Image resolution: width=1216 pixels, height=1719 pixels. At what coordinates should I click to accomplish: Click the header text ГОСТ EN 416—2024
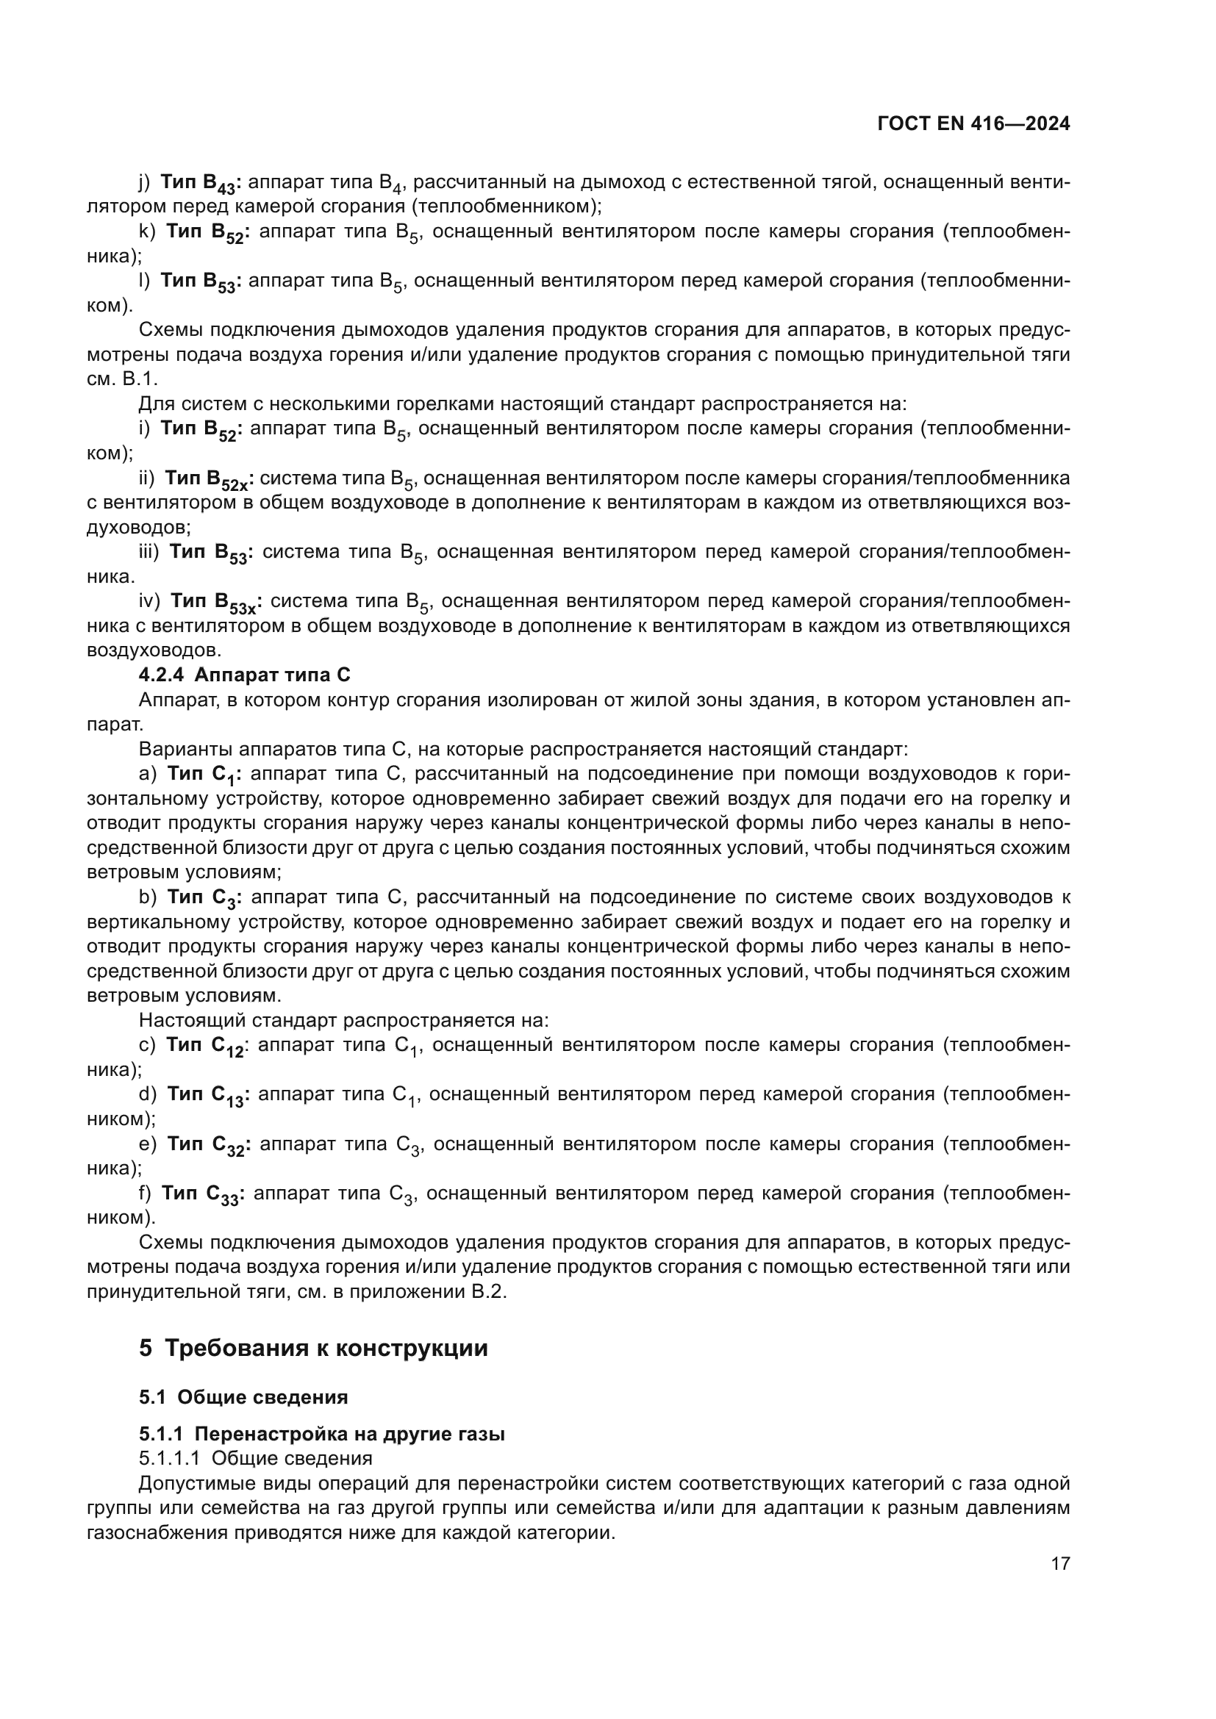973,124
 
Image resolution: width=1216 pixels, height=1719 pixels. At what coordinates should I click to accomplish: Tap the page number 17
1060,1563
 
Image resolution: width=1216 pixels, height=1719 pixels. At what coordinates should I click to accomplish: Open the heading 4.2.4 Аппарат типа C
244,675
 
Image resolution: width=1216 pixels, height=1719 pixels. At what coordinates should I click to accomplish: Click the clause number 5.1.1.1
168,1458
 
